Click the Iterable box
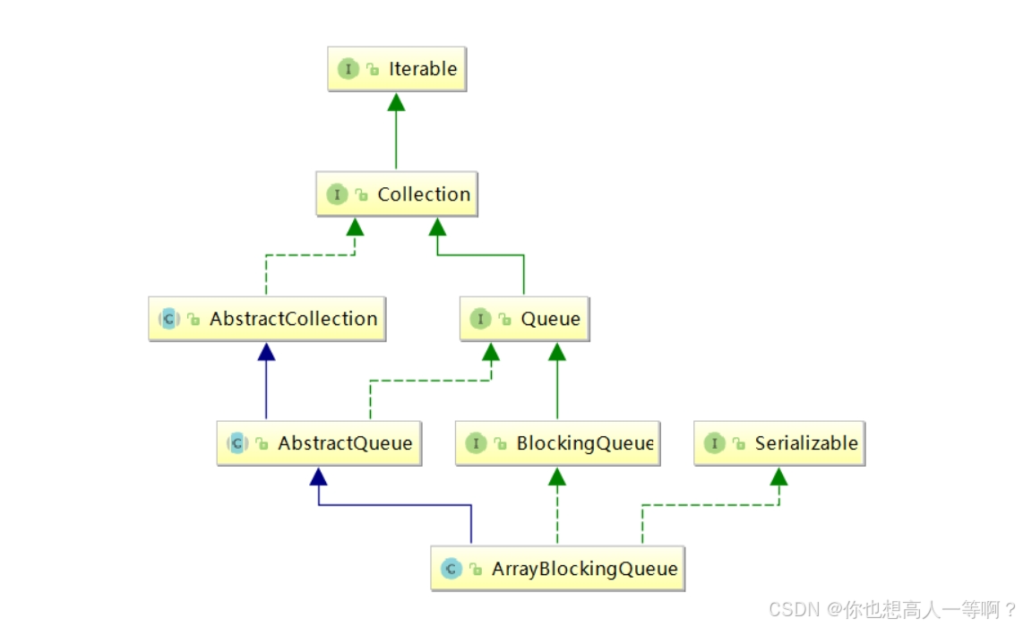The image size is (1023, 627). (397, 69)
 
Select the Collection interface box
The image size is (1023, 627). (397, 194)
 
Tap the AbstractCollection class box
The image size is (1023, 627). (267, 319)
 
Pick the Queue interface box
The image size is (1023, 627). (525, 319)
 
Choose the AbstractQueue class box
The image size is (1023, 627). (319, 443)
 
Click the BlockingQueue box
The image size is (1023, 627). (557, 443)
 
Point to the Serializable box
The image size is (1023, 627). (779, 443)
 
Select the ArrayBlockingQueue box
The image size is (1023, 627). (557, 569)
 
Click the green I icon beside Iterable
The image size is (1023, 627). (348, 69)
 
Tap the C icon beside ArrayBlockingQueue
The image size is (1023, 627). (451, 569)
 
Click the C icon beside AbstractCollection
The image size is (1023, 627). (169, 319)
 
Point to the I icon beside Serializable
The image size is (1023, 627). (714, 443)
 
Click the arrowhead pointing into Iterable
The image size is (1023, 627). (396, 101)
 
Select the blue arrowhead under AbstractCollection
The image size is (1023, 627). (266, 351)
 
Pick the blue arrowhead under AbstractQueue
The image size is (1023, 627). (319, 476)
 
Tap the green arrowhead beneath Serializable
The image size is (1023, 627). (778, 476)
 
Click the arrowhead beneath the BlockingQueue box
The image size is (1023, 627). (557, 476)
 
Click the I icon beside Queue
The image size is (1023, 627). (480, 319)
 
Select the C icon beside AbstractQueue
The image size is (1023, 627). (237, 443)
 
